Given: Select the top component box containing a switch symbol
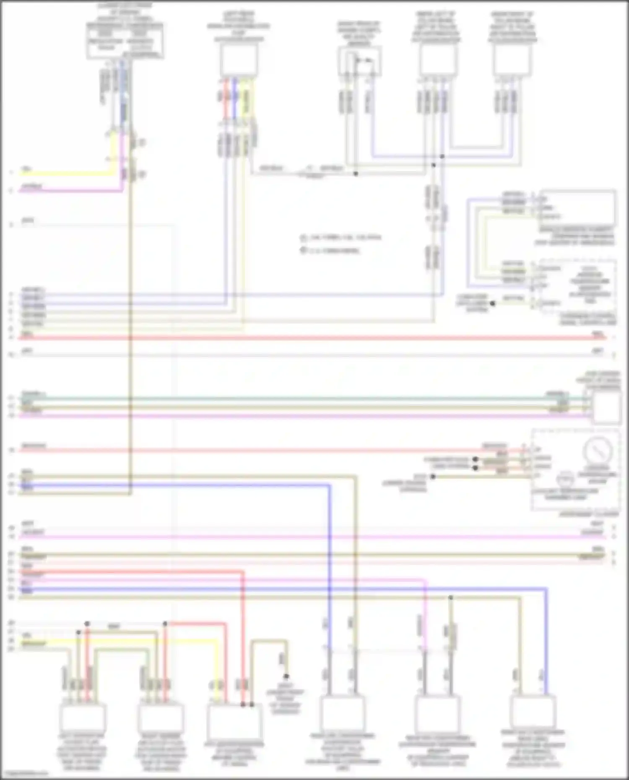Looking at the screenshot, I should [359, 62].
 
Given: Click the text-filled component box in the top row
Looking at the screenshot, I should [125, 41].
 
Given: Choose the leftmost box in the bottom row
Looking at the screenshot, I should [82, 718].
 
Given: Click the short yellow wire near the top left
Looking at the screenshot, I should [63, 173].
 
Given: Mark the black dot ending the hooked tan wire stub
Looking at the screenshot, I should [286, 676].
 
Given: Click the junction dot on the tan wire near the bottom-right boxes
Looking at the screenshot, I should [450, 597].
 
